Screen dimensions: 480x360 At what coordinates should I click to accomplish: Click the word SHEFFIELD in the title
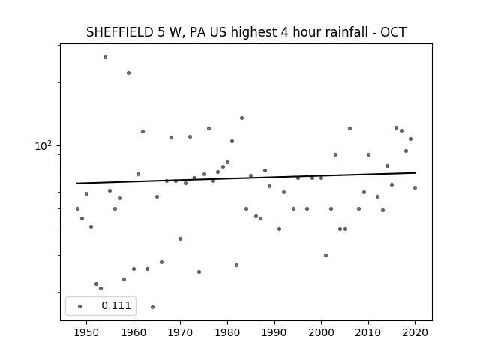120,32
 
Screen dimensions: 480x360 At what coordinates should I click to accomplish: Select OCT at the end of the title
393,32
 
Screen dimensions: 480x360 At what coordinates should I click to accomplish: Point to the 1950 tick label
86,332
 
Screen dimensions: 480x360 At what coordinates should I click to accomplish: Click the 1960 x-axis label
133,332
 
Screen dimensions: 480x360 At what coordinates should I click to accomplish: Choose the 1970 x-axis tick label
180,332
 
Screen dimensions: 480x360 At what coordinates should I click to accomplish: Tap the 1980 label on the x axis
227,332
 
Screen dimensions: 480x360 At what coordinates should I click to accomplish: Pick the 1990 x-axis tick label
274,332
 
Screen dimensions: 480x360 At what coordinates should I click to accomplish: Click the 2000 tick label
321,332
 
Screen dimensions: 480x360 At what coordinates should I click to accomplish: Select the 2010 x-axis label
368,332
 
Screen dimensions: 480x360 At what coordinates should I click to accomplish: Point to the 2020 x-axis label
415,332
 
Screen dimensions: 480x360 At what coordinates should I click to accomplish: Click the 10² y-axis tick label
43,146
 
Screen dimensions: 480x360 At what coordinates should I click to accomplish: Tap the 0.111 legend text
116,305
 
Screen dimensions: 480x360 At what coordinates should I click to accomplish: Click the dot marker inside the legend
80,306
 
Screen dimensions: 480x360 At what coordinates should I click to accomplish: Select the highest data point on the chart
105,57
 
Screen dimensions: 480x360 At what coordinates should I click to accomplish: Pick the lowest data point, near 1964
152,307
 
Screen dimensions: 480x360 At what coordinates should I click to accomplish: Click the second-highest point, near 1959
128,73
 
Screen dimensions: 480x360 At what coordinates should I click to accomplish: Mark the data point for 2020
415,187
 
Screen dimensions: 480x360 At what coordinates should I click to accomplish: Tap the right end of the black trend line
415,173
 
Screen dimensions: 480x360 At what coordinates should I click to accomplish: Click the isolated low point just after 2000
325,255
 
